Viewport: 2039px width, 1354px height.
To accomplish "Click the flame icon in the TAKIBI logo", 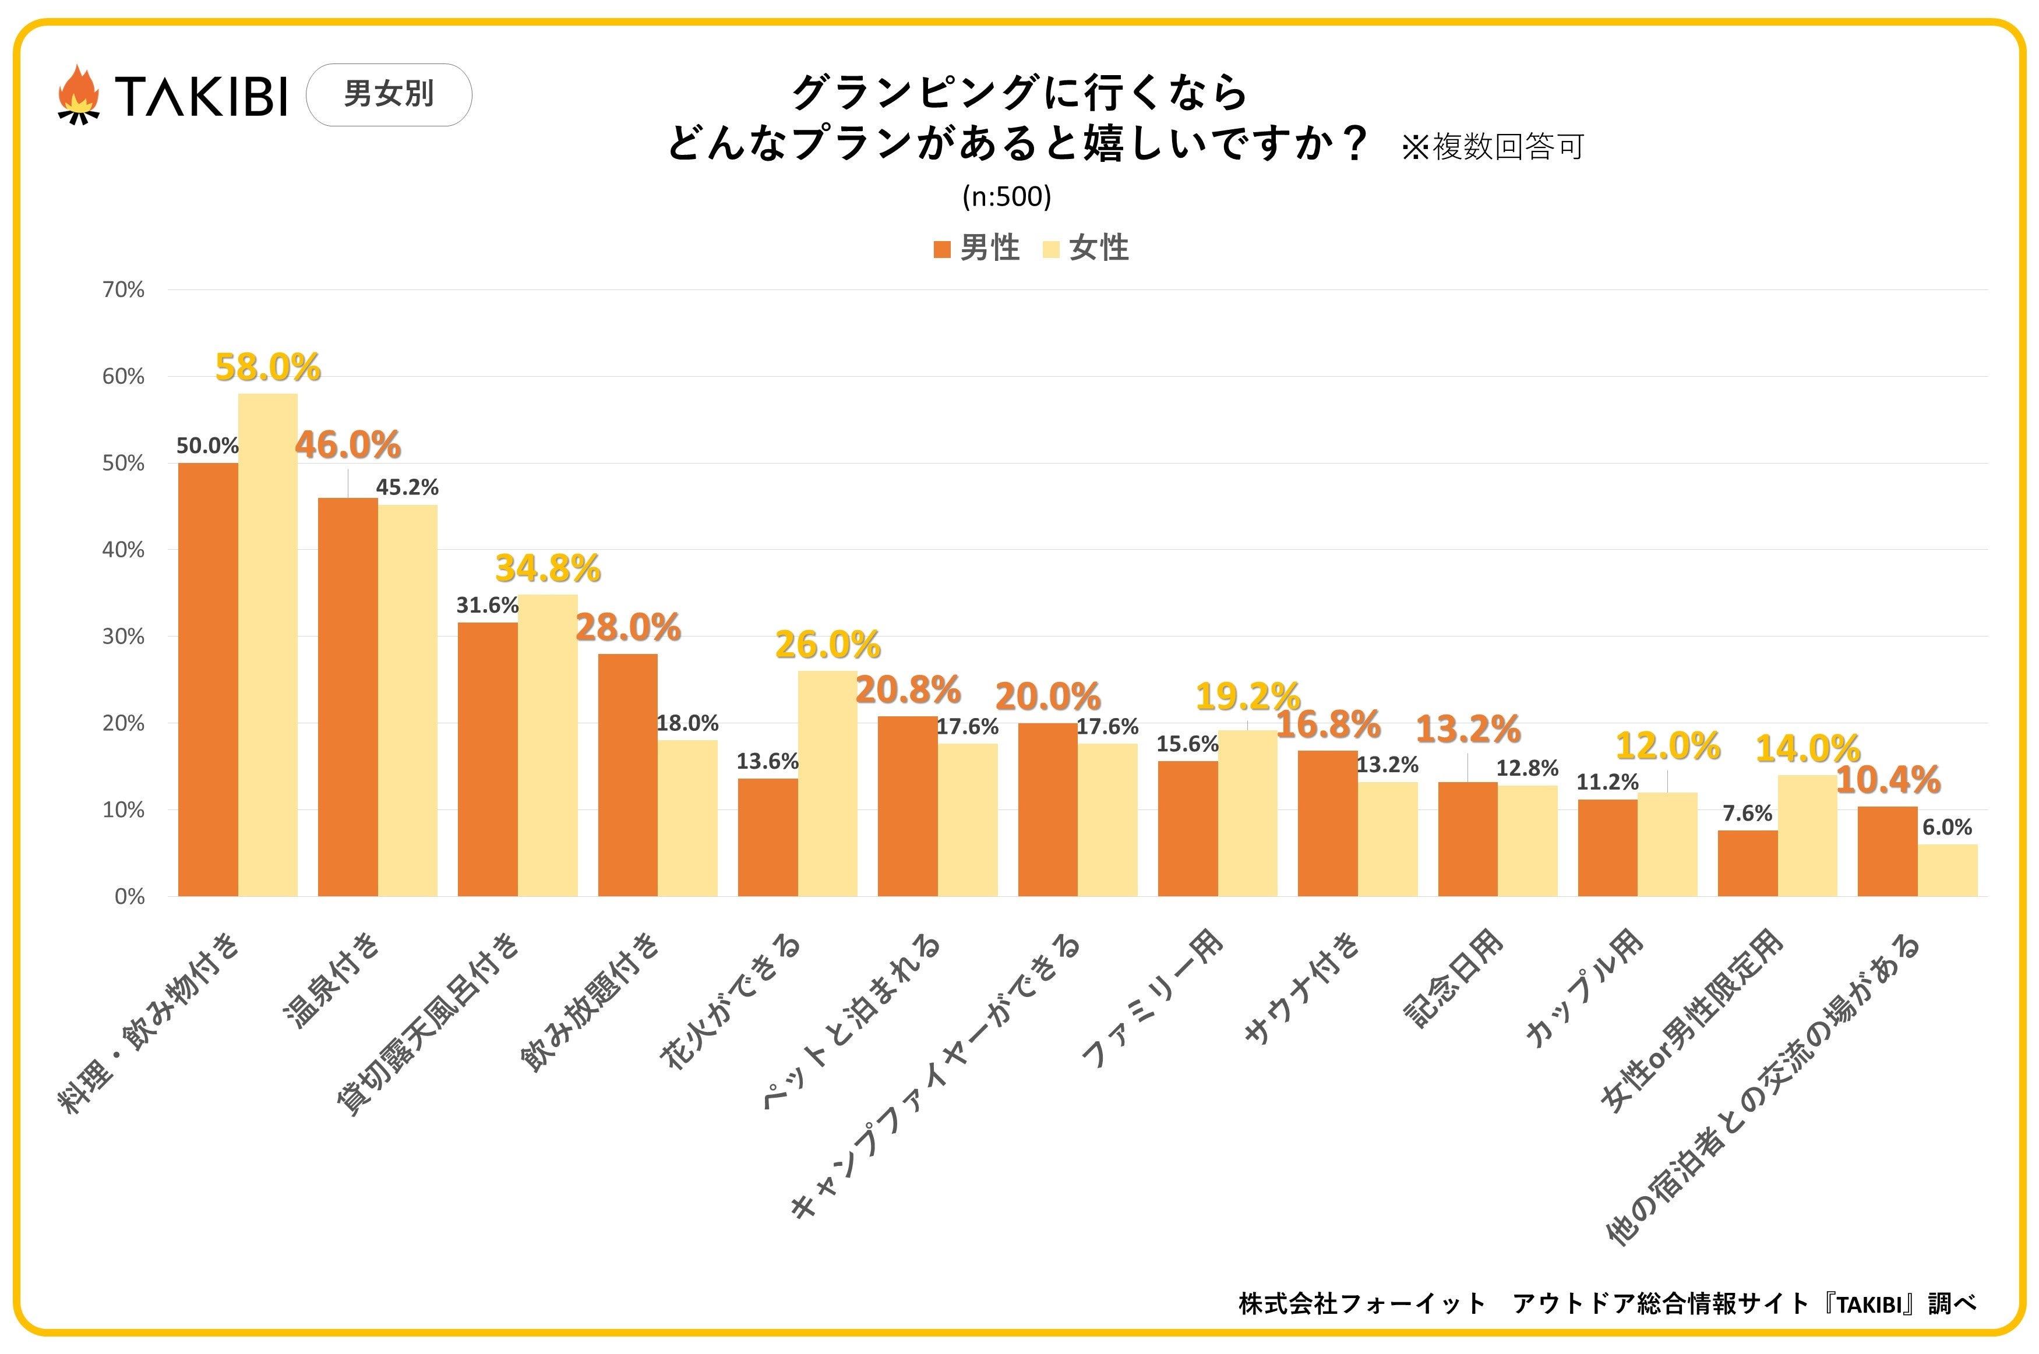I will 79,94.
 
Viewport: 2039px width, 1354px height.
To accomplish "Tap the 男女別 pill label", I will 389,94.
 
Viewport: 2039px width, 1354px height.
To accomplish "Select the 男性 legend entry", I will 977,249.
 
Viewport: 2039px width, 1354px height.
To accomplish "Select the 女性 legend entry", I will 1086,249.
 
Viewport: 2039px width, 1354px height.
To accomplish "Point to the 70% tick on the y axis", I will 124,290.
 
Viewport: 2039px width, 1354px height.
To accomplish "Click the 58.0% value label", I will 268,368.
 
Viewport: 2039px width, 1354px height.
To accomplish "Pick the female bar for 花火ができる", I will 827,783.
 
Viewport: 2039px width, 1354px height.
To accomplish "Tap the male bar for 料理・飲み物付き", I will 208,680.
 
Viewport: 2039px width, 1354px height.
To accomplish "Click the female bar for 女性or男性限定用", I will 1808,835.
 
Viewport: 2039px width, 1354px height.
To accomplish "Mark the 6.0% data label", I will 1946,828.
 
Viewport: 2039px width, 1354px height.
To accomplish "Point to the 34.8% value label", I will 548,569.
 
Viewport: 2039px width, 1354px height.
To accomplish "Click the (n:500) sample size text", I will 1006,197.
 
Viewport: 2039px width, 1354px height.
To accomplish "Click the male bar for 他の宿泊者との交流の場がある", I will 1887,851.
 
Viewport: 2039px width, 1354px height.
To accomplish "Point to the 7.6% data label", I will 1747,814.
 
